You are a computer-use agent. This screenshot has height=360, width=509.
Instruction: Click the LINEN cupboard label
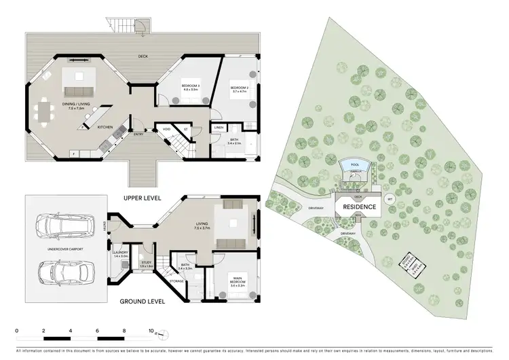(219, 128)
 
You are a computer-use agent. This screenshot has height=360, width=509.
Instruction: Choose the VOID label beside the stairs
(166, 128)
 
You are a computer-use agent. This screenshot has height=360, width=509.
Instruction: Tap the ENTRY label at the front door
(139, 135)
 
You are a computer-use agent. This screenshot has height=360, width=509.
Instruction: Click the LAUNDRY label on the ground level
(120, 254)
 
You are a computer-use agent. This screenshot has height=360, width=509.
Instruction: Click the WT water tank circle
(390, 200)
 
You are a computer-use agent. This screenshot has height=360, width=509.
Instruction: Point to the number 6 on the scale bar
(97, 331)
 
